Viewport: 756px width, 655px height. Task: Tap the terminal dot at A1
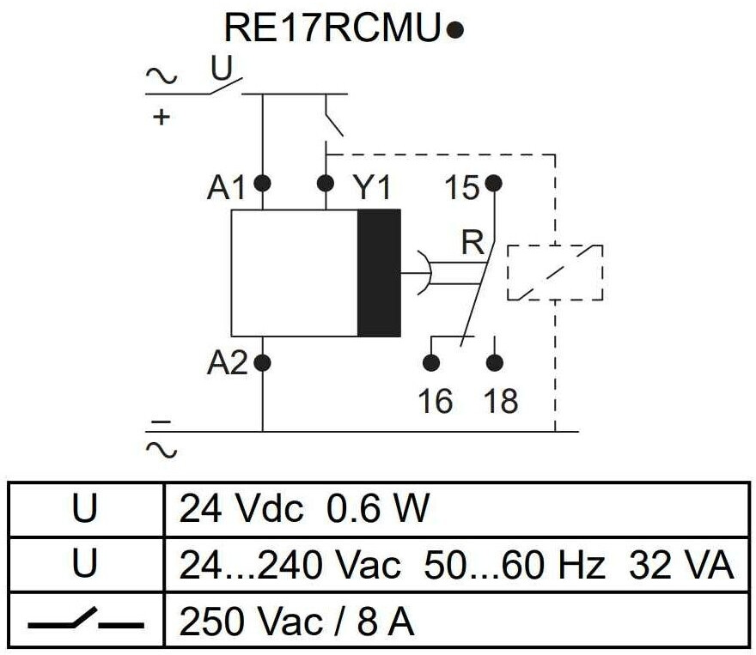pos(262,184)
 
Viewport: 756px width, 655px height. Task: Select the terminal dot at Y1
pos(326,184)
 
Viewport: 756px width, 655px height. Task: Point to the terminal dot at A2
pos(262,363)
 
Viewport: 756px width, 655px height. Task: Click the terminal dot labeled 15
pos(493,184)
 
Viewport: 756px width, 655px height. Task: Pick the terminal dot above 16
pos(431,363)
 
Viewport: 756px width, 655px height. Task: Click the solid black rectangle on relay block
pos(379,273)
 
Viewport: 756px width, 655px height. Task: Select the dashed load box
pos(555,273)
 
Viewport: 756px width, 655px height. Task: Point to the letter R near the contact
pos(472,242)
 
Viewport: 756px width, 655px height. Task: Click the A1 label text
pos(226,188)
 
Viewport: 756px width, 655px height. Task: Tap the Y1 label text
pos(372,188)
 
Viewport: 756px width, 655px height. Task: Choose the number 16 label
pos(436,401)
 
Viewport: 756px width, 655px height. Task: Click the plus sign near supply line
pos(162,117)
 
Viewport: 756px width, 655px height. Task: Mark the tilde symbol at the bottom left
pos(162,451)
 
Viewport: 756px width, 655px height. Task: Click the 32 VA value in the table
pos(680,565)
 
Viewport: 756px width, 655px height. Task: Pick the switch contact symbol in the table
pos(86,619)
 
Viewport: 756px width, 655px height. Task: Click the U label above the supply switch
pos(222,69)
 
